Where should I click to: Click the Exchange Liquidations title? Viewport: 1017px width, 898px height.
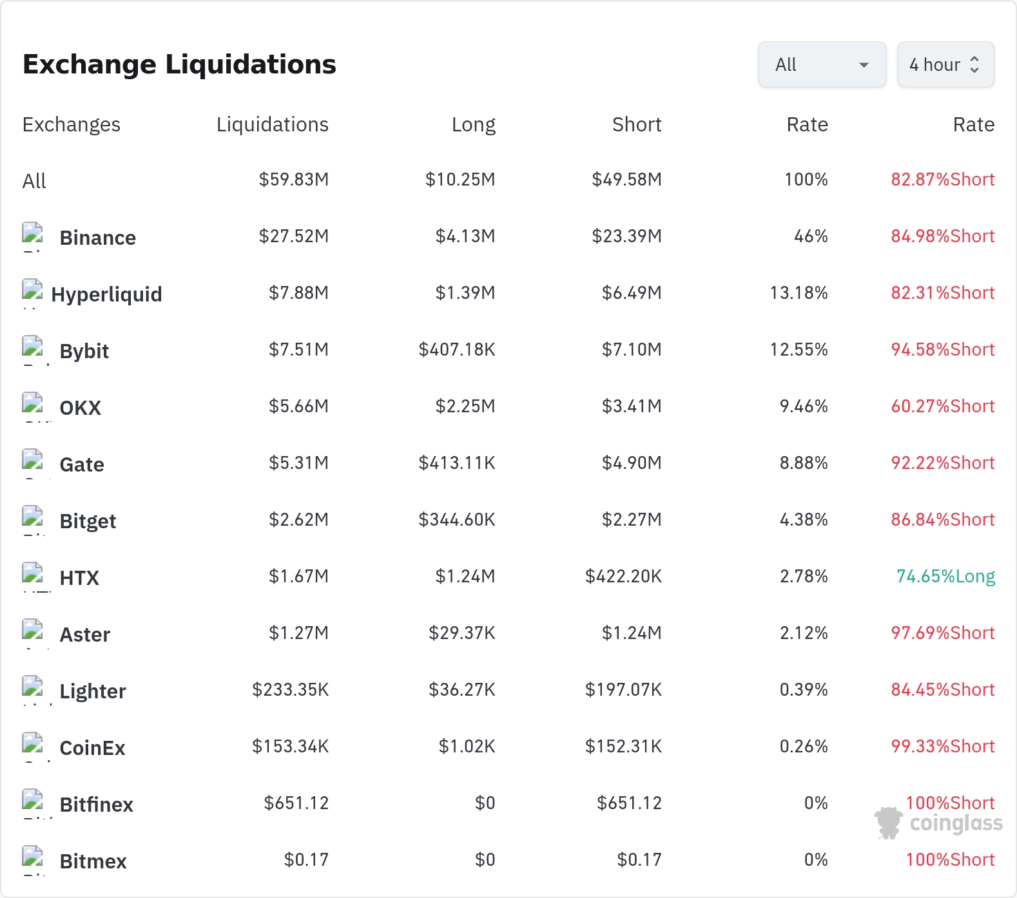point(179,64)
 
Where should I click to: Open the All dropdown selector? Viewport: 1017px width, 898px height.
point(822,64)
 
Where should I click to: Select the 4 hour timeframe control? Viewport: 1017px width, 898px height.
point(945,64)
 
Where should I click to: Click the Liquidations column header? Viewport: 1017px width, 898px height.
point(272,124)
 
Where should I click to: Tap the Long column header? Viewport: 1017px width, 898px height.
point(474,124)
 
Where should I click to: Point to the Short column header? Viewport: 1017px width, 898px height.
point(637,124)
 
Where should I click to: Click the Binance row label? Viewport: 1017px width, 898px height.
point(98,238)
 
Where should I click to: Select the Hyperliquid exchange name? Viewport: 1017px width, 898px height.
point(106,294)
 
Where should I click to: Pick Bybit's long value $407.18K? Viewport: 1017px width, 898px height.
point(457,349)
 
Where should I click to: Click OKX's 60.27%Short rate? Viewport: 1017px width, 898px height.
point(943,406)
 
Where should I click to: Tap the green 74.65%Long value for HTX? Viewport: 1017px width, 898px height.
point(945,576)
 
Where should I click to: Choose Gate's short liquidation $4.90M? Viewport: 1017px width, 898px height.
point(632,463)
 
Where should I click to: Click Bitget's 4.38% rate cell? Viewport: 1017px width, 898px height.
point(804,519)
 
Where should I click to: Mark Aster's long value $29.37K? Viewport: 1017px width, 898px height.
point(462,633)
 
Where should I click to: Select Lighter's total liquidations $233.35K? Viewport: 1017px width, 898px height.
point(290,689)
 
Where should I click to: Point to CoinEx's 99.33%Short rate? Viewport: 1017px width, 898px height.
point(943,746)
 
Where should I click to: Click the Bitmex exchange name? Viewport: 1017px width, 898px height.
point(93,861)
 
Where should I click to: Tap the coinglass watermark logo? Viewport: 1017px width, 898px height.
point(938,823)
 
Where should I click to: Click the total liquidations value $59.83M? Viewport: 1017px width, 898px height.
point(293,179)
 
